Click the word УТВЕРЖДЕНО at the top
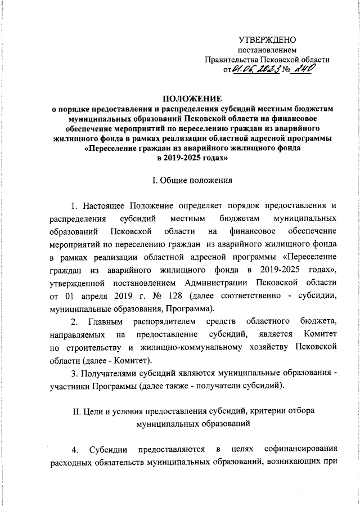(267, 40)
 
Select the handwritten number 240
(301, 69)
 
